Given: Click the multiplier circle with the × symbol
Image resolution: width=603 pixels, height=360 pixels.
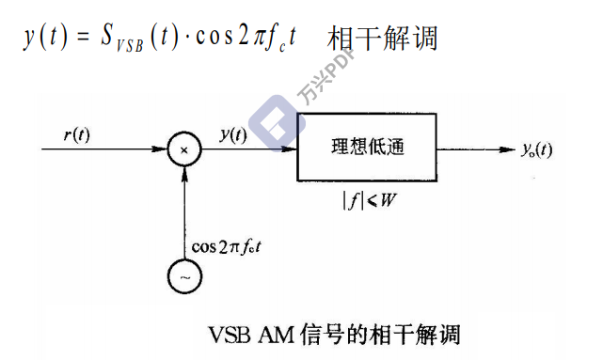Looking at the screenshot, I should (x=184, y=149).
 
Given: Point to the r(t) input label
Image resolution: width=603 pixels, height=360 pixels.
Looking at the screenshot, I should (x=77, y=133).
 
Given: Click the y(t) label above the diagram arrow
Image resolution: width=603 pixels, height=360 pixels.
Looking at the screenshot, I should (x=231, y=133).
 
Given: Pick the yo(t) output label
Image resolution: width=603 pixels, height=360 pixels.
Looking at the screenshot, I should (x=536, y=149).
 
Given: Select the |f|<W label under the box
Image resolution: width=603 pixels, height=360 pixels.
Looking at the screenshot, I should (x=367, y=198).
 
